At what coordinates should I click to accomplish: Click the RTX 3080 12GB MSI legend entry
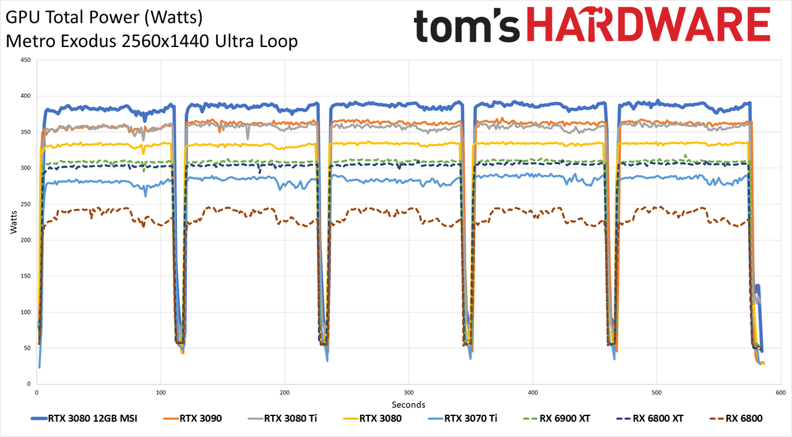[84, 418]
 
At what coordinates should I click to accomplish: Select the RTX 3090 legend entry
[192, 418]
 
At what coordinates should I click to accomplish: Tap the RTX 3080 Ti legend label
[291, 418]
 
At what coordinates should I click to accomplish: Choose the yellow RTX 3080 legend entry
[372, 418]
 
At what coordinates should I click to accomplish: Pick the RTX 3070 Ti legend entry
[462, 418]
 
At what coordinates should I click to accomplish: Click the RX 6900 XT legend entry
[556, 418]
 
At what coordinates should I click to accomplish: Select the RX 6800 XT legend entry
[650, 418]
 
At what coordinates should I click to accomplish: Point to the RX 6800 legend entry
[736, 418]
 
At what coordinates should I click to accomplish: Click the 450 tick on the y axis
[26, 60]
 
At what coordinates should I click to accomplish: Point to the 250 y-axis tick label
[26, 204]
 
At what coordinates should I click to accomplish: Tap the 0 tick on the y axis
[29, 384]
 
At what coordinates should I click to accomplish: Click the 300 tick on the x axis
[409, 392]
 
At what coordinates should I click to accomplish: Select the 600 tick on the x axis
[781, 392]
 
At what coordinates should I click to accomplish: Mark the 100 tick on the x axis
[160, 392]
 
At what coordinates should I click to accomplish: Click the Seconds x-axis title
[408, 404]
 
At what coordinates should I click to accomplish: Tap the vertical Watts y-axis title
[14, 223]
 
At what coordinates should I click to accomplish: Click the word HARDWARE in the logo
[648, 24]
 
